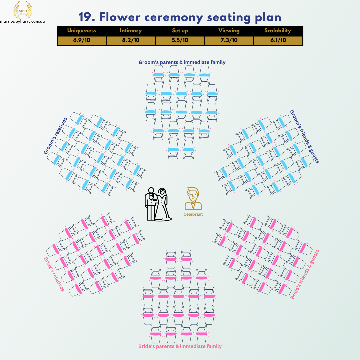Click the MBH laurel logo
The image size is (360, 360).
[23, 10]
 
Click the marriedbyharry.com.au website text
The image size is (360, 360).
[23, 21]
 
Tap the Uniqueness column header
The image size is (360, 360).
[82, 31]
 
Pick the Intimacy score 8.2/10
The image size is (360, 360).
[131, 40]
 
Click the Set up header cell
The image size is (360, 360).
[180, 31]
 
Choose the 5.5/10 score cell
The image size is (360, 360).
[180, 40]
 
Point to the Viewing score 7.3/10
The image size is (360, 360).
[229, 40]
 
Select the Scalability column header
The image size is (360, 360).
[278, 31]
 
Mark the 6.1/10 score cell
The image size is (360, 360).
[278, 40]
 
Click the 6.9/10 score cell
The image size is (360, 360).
[82, 40]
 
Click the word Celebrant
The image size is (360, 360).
[193, 214]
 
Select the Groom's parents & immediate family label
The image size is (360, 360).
[182, 62]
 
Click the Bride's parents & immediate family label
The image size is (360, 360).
[180, 346]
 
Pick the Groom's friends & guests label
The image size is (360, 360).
[304, 137]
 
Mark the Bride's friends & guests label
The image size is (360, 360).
[305, 274]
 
